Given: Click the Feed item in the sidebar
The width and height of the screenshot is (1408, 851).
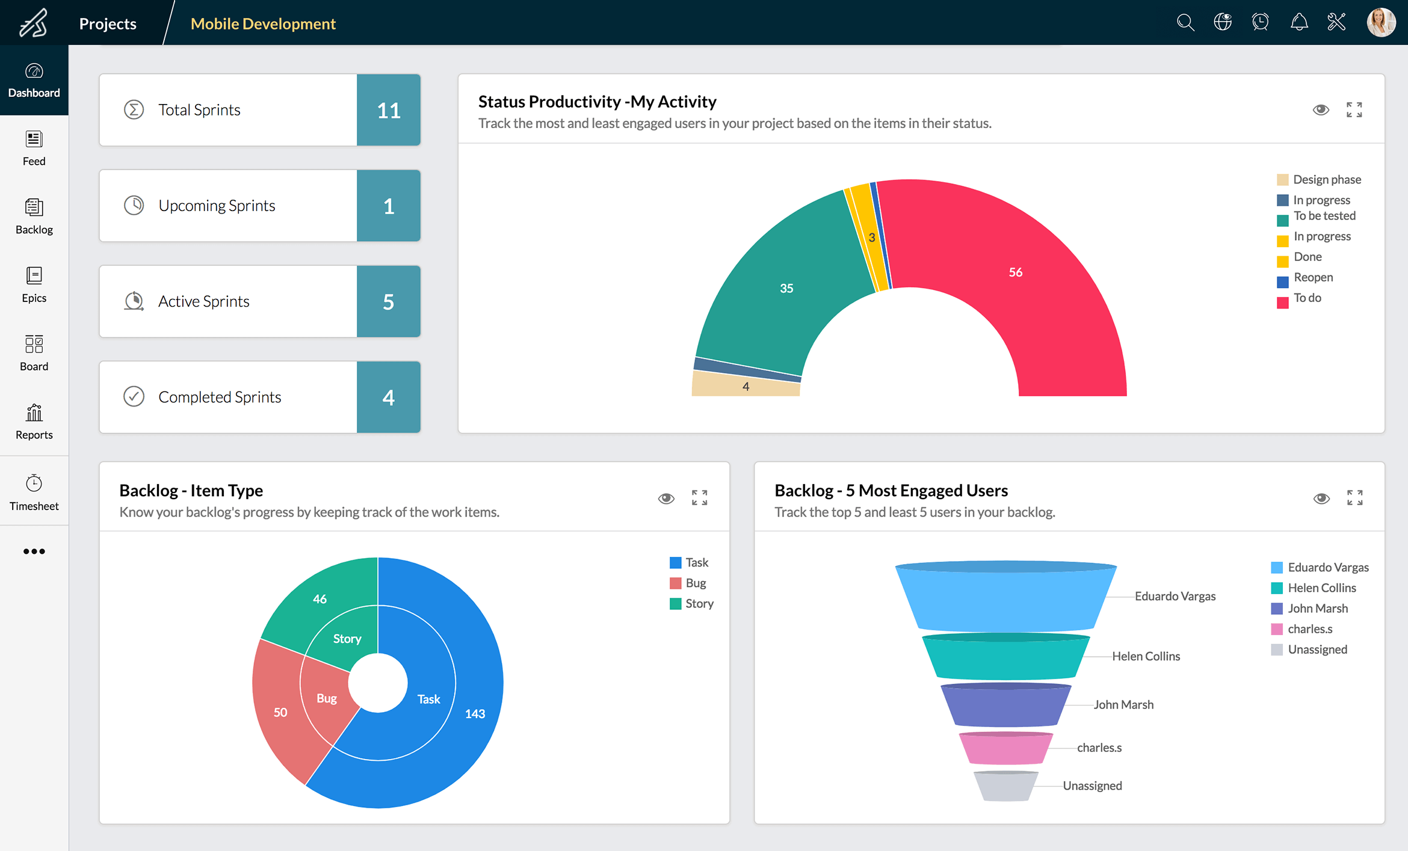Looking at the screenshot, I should pos(34,148).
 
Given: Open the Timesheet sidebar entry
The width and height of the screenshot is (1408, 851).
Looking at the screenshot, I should pos(34,492).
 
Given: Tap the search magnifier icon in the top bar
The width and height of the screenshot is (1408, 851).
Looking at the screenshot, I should pos(1185,23).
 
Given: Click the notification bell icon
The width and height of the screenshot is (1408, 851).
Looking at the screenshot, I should pos(1298,23).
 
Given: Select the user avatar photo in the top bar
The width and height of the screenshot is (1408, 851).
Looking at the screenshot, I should pos(1380,23).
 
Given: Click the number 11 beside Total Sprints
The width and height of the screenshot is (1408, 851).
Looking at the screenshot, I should pos(388,110).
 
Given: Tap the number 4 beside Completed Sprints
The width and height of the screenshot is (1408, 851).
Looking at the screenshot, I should pos(388,397).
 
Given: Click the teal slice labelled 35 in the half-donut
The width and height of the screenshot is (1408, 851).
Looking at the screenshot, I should pos(786,288).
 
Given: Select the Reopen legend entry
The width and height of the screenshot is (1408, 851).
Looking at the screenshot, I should pos(1312,278).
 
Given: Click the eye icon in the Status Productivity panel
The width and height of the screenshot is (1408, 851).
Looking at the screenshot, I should pos(1320,109).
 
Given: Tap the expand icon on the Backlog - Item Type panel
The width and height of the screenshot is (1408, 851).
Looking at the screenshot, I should pos(699,497).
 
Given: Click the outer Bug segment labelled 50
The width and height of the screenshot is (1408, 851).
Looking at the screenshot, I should pos(280,712).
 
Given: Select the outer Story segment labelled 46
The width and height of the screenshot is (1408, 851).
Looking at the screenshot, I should pos(320,598).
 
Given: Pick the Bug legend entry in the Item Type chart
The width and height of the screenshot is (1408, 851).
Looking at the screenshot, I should pos(695,583).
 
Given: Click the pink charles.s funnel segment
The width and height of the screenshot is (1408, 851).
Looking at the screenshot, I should pos(1005,749).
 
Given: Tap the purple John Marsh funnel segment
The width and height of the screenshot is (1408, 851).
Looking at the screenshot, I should pos(1005,705).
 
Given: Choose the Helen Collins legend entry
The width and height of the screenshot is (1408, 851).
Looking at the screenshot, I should pos(1321,588).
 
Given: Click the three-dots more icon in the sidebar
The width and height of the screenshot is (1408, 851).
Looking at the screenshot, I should pos(34,551).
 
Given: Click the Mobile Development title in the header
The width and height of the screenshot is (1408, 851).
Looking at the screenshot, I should pos(263,23).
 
